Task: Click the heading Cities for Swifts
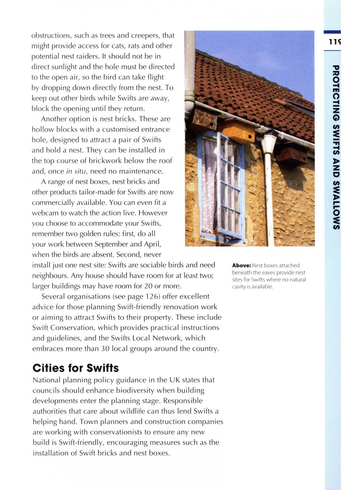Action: click(x=75, y=368)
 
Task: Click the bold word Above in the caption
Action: click(x=241, y=265)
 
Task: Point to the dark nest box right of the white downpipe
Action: click(x=291, y=155)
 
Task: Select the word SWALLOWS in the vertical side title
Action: click(x=335, y=207)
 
